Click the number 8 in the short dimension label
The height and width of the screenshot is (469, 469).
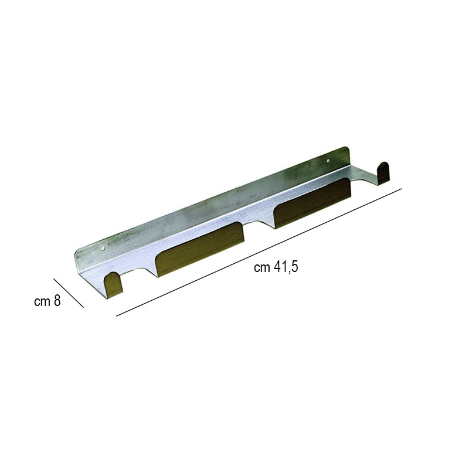pyautogui.click(x=57, y=301)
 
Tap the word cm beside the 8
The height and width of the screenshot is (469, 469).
pyautogui.click(x=42, y=302)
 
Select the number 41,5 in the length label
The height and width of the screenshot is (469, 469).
pyautogui.click(x=286, y=267)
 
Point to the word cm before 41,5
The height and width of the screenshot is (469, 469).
pyautogui.click(x=262, y=268)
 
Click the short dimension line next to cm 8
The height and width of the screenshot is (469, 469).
pyautogui.click(x=69, y=293)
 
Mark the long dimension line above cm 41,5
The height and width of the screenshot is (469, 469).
pyautogui.click(x=259, y=252)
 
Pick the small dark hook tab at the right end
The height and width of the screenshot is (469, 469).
pyautogui.click(x=384, y=174)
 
